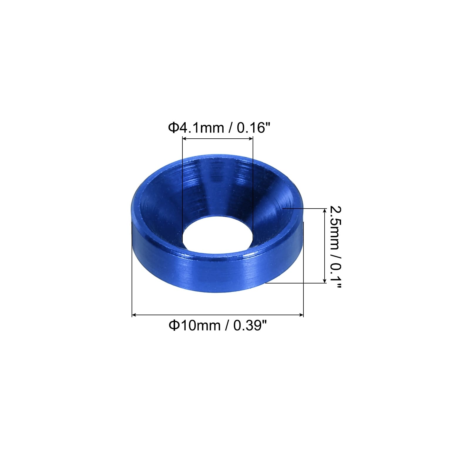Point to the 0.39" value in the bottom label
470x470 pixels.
coord(250,325)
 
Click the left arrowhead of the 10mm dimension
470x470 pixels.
coord(134,315)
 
